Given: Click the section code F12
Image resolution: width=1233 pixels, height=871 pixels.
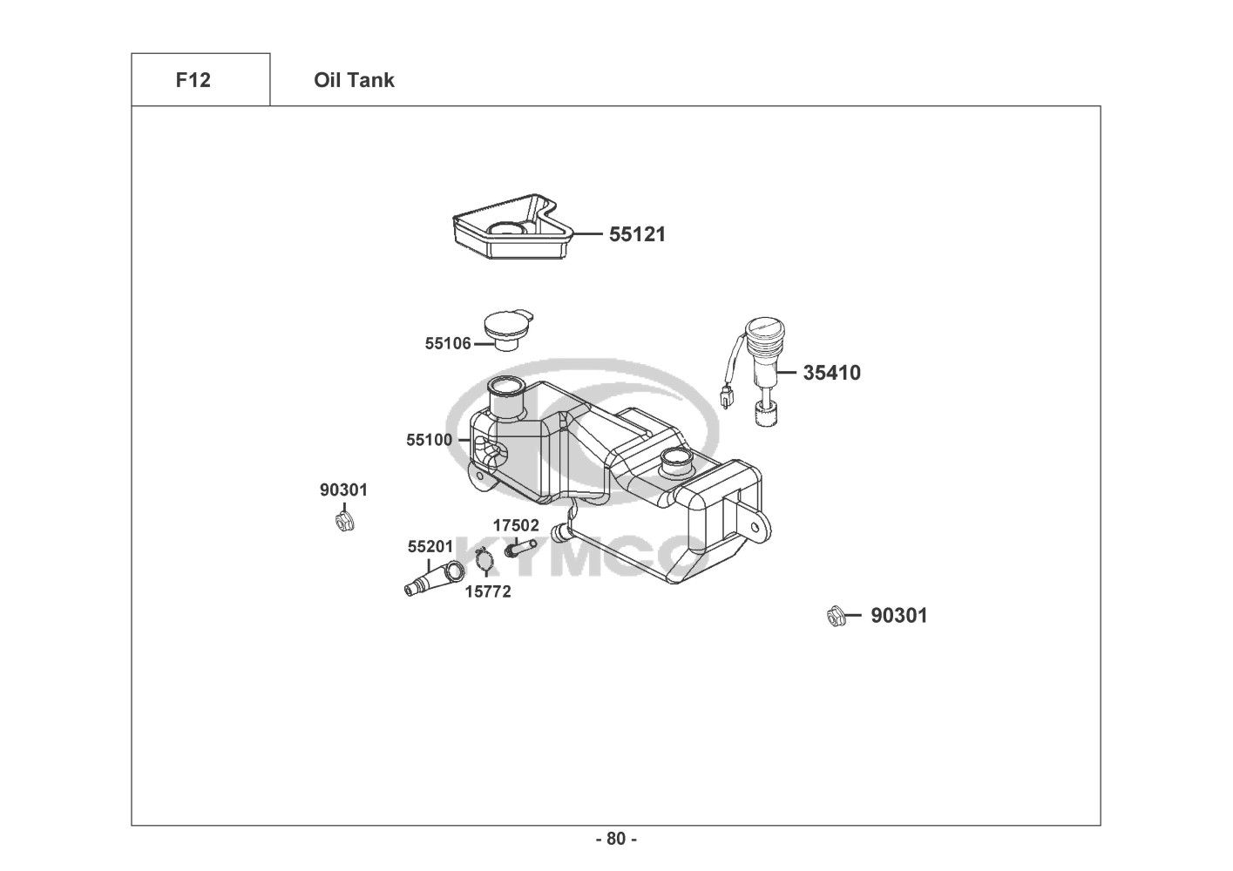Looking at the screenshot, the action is point(193,80).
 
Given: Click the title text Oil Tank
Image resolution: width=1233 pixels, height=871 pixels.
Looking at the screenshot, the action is point(354,80).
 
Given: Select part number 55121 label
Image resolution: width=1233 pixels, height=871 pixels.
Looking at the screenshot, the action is point(637,234).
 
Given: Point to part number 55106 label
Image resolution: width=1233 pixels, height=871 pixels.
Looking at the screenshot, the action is point(448,344).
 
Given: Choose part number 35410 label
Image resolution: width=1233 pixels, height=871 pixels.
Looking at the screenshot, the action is point(831,373).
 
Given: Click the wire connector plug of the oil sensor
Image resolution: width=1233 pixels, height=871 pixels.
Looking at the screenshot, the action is point(727,397).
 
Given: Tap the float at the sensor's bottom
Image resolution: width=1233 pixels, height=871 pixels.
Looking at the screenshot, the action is point(766,414).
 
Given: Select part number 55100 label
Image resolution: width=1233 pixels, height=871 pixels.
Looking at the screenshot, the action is point(430,440).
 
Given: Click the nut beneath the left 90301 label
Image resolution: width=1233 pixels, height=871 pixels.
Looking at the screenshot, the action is point(344,522).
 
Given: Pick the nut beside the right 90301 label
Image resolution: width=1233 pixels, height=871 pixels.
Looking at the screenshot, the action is point(837,617).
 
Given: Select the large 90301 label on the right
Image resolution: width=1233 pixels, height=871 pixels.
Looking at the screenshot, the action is point(899,616).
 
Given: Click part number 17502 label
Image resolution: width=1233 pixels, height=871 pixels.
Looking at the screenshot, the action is point(516,525).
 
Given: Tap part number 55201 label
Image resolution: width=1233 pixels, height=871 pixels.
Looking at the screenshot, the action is point(430,547).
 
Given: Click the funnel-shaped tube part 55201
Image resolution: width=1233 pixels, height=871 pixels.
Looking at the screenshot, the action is point(434,579).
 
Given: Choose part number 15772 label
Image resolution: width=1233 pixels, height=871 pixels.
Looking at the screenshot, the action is point(488,592).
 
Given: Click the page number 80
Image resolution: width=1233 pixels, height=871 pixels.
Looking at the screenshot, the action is point(617,839).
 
